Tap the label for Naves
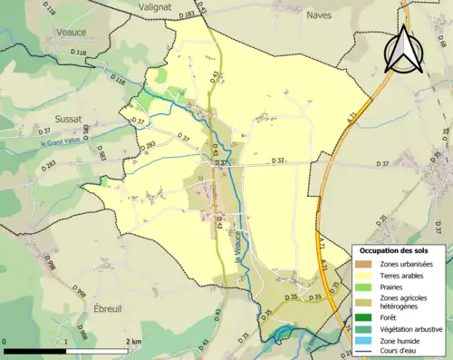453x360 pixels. tap(319, 15)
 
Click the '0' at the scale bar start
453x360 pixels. tap(5, 342)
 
